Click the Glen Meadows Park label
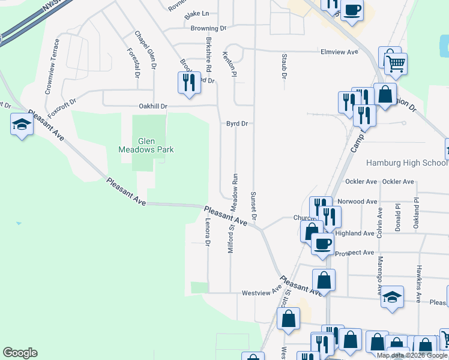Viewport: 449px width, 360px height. tap(146, 145)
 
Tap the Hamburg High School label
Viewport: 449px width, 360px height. tap(406, 163)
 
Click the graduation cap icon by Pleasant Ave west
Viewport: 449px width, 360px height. tap(22, 125)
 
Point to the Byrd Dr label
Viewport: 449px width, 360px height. tap(237, 124)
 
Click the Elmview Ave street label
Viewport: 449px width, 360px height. tap(339, 52)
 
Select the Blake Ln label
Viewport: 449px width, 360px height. tap(197, 14)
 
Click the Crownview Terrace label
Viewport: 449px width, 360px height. tap(52, 67)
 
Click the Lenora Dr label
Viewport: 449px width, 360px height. tap(208, 232)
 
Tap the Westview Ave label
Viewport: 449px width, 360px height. tap(261, 293)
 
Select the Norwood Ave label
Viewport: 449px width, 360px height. tap(357, 202)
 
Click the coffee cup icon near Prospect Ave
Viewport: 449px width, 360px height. tap(322, 243)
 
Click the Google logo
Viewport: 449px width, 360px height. tap(20, 353)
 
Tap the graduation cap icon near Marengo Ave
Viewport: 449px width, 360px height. tap(392, 297)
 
